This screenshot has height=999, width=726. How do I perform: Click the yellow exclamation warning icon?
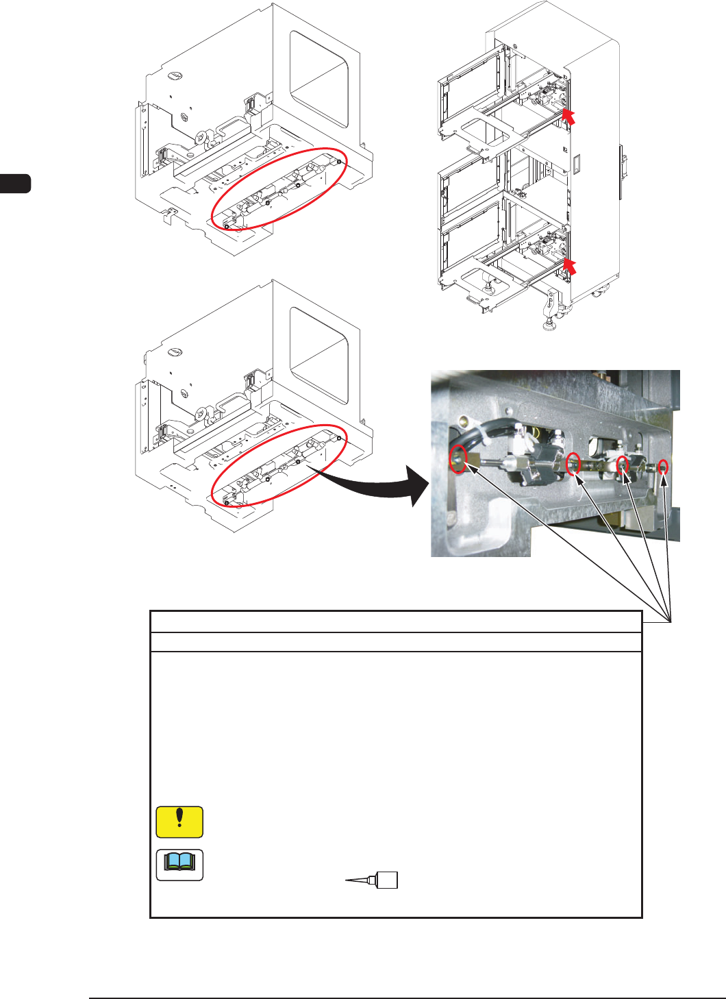pyautogui.click(x=179, y=822)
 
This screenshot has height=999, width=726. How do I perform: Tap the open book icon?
pyautogui.click(x=179, y=865)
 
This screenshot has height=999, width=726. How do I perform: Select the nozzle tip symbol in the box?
pyautogui.click(x=373, y=880)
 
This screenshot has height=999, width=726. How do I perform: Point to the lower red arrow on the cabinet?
pyautogui.click(x=568, y=267)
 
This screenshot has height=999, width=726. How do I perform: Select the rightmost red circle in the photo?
pyautogui.click(x=663, y=468)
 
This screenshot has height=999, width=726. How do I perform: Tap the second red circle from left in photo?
pyautogui.click(x=574, y=463)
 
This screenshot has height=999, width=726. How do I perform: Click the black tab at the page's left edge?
pyautogui.click(x=15, y=184)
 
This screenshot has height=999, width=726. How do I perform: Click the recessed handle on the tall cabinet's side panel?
pyautogui.click(x=576, y=163)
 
